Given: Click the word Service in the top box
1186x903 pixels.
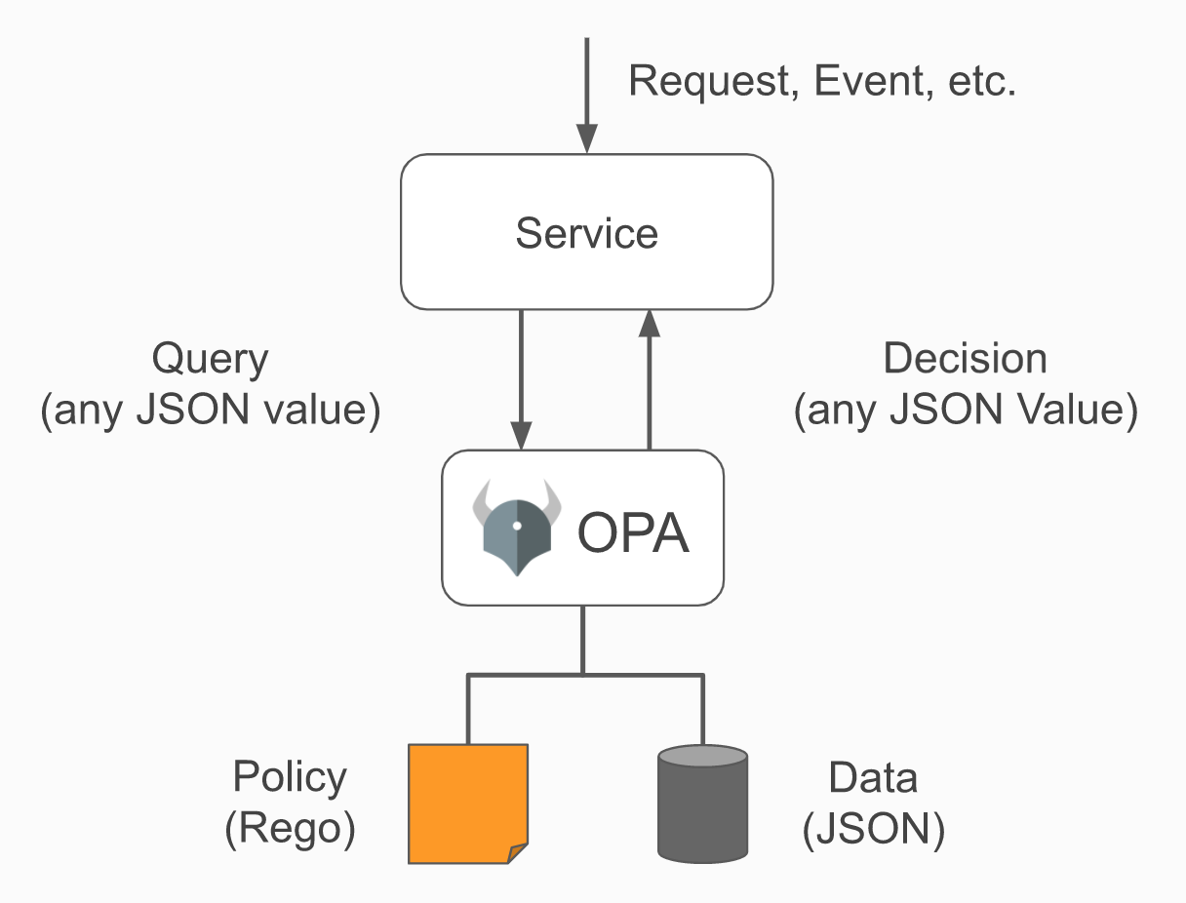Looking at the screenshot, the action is (x=587, y=233).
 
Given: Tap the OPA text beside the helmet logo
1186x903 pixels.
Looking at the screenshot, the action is (x=633, y=532).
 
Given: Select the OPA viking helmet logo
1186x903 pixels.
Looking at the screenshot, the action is (x=517, y=528).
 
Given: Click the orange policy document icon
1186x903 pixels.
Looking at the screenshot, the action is (x=468, y=804).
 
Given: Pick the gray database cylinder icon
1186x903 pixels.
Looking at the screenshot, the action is (x=702, y=804).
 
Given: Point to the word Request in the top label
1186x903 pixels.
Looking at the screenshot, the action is (x=714, y=82).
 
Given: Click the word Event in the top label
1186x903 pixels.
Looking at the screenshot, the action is (x=874, y=81).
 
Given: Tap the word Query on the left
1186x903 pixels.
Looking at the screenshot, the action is (x=211, y=360).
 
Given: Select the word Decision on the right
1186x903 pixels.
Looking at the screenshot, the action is (x=965, y=358).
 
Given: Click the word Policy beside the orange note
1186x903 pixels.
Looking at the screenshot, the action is (x=290, y=778).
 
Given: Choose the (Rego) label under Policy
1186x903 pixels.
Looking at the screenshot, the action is (x=290, y=829).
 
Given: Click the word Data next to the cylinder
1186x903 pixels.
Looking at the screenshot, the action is (x=873, y=778).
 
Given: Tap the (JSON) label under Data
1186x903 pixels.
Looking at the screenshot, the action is (x=874, y=829).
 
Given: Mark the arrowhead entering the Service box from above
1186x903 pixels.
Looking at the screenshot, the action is (x=587, y=138).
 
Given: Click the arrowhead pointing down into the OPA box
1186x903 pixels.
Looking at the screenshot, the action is (x=521, y=435).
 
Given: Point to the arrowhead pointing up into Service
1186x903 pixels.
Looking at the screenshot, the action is (x=649, y=324).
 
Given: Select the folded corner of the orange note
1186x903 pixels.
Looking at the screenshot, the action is (x=518, y=853).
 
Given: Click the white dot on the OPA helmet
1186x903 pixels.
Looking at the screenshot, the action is (x=517, y=526).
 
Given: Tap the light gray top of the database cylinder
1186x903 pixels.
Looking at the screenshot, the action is (x=702, y=756).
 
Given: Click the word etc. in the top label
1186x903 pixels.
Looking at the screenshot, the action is (x=982, y=82).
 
